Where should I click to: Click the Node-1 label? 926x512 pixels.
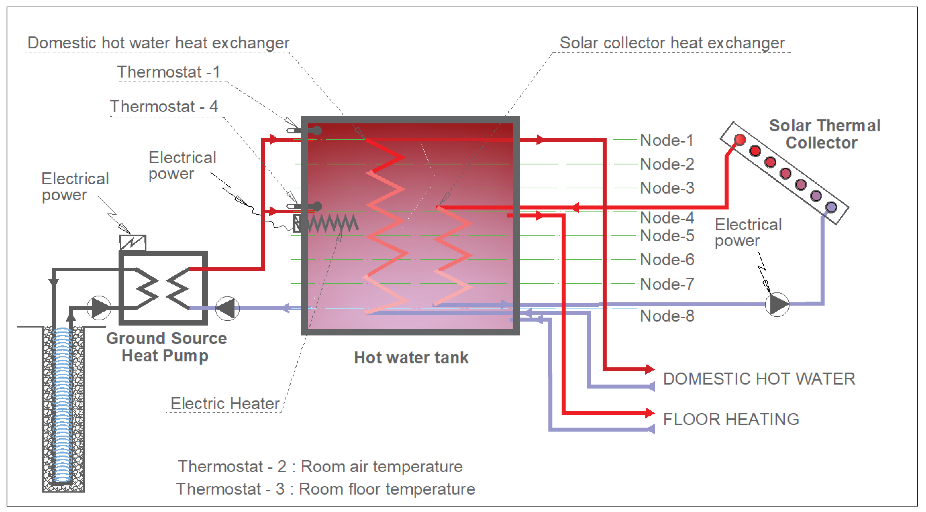pyautogui.click(x=667, y=140)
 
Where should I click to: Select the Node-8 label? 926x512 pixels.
pyautogui.click(x=667, y=316)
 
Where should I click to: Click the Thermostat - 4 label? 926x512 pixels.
pyautogui.click(x=164, y=107)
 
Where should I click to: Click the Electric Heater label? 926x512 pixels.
pyautogui.click(x=225, y=403)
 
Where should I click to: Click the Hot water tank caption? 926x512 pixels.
pyautogui.click(x=411, y=358)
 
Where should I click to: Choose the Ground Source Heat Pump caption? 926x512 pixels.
pyautogui.click(x=166, y=347)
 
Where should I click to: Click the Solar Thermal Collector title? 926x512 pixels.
pyautogui.click(x=824, y=134)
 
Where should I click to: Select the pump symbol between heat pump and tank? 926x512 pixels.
pyautogui.click(x=227, y=308)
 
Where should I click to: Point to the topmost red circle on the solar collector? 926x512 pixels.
pyautogui.click(x=740, y=140)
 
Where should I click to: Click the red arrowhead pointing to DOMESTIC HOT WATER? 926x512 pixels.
pyautogui.click(x=650, y=369)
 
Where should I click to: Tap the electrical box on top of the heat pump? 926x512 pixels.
pyautogui.click(x=133, y=243)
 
